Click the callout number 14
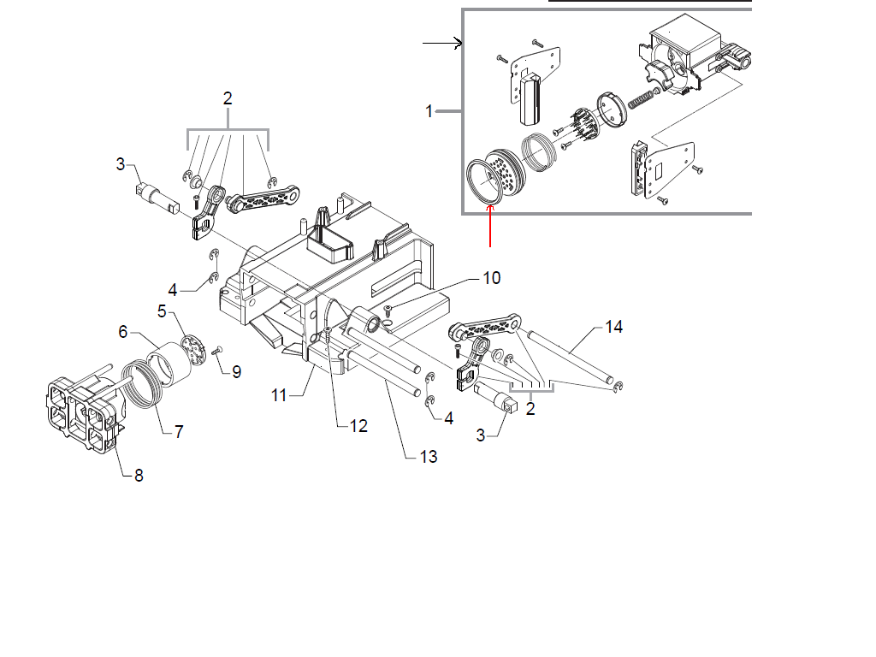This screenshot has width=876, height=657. tap(613, 327)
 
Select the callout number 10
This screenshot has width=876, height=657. tap(492, 278)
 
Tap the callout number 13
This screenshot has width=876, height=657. tap(429, 457)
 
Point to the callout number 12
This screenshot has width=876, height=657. tap(358, 426)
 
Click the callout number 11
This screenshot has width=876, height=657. tap(279, 395)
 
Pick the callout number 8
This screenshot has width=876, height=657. tap(139, 476)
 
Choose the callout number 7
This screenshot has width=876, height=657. tap(179, 432)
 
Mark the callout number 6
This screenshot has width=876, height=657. tap(123, 332)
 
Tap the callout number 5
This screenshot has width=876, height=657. tap(162, 311)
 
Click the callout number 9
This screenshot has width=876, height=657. tap(237, 372)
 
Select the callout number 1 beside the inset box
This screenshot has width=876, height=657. tap(429, 111)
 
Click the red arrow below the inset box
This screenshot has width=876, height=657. tap(490, 226)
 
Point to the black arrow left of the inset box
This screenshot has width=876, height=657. tap(442, 43)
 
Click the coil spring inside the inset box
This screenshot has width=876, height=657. tap(642, 99)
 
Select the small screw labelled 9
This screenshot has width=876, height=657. tap(217, 350)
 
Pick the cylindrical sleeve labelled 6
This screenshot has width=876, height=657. tap(169, 364)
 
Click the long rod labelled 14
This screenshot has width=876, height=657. tap(570, 357)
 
